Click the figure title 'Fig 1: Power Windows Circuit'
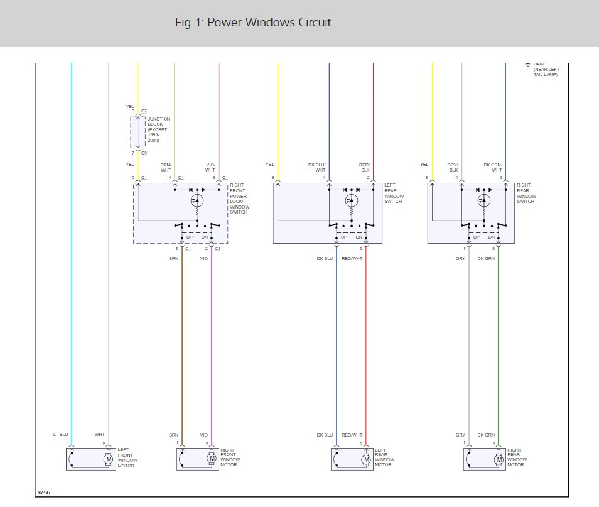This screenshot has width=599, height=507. click(x=252, y=23)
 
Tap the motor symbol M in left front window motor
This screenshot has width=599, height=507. click(x=108, y=459)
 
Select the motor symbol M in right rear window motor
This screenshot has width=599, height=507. click(x=499, y=459)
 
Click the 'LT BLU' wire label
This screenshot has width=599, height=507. click(x=60, y=435)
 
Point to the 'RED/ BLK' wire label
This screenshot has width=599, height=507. click(x=365, y=167)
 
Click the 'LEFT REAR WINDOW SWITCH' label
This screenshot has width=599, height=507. click(x=394, y=194)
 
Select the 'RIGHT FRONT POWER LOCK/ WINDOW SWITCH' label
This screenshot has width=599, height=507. click(x=239, y=199)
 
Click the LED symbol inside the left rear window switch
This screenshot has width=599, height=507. click(x=352, y=200)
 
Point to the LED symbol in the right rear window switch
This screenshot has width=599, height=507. click(x=483, y=200)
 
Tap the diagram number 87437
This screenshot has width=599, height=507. click(x=45, y=492)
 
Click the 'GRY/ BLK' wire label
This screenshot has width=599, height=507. click(x=453, y=167)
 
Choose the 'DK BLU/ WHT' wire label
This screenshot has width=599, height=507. click(x=316, y=167)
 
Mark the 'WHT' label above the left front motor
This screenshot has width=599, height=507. click(x=100, y=435)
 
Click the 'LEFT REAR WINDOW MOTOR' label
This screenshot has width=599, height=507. click(x=384, y=457)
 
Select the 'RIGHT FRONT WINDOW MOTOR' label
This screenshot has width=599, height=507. click(x=230, y=457)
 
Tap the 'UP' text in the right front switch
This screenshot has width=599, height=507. click(x=190, y=237)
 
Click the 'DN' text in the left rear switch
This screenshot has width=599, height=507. click(x=359, y=237)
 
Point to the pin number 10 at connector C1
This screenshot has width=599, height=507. click(x=132, y=178)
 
